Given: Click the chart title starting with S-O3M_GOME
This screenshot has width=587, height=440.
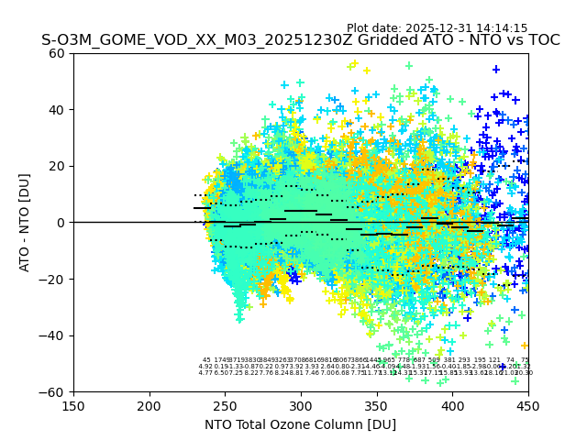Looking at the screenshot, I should point(300,41).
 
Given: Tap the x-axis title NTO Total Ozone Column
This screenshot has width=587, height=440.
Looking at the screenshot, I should point(300,424).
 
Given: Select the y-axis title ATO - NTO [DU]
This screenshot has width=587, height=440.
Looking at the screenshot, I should point(25,223).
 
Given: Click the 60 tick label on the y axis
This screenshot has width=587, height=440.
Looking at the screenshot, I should point(57,53).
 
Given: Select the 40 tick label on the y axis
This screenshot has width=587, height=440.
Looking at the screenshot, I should point(57,110).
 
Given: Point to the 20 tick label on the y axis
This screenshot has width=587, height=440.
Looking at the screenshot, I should point(57,166).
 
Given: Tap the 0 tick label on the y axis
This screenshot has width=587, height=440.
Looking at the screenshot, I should point(61,223).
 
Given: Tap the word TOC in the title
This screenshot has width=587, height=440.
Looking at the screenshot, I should point(541,41).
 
